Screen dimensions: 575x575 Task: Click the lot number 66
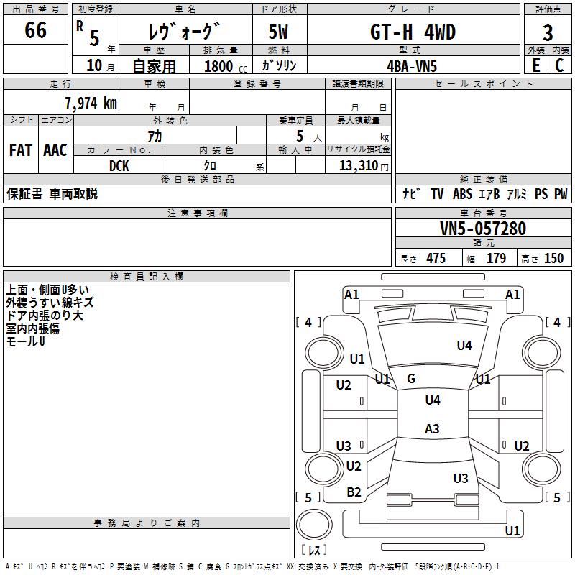35,29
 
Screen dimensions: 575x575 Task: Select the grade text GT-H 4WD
413,32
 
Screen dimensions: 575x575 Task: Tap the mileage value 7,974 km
91,103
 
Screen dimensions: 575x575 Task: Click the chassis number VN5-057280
483,229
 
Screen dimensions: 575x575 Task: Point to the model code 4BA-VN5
412,66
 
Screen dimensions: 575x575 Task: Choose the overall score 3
548,33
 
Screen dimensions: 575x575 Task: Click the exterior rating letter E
536,65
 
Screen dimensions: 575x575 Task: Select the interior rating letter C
559,65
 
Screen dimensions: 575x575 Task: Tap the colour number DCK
119,166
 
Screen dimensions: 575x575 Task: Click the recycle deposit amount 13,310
359,166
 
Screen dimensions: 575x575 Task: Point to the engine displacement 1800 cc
226,66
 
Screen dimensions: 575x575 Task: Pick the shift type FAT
21,150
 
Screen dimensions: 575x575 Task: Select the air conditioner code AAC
55,150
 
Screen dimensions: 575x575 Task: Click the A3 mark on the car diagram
432,428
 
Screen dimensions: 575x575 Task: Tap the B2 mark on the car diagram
354,492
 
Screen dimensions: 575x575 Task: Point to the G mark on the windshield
411,379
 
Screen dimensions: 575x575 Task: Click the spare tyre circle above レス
314,525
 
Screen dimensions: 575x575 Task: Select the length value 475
436,259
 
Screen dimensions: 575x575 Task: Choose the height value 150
553,259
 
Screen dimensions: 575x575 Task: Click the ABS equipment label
462,194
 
